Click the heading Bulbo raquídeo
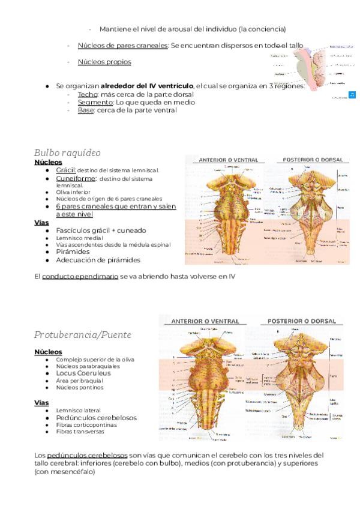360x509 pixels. coord(67,152)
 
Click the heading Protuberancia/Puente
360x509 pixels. coord(83,334)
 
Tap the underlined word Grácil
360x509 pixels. coord(65,170)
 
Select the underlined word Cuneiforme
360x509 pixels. coord(76,178)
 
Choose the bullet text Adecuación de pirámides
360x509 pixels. coord(98,260)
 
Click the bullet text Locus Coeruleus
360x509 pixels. coord(83,373)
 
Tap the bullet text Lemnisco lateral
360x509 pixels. coord(76,411)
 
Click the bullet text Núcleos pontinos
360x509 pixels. coord(79,387)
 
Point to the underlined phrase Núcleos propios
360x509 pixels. coord(104,62)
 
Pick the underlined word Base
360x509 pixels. coord(86,109)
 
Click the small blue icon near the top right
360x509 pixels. coord(352,95)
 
